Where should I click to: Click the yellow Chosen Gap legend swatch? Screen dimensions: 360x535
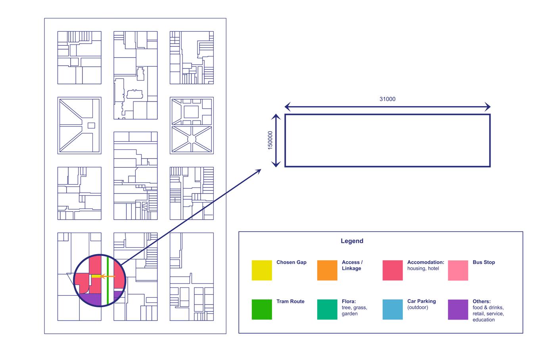(262, 270)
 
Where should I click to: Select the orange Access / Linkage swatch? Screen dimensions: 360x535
(327, 270)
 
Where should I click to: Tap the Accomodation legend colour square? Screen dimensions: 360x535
(393, 270)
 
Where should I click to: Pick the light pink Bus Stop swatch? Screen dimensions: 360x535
(458, 270)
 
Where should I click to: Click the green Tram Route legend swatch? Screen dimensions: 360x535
(262, 309)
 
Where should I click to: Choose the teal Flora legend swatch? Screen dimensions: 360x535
(327, 309)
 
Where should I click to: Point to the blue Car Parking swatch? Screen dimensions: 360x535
(393, 309)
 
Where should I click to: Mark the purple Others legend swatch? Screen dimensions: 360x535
(458, 309)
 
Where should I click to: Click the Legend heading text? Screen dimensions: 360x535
(352, 241)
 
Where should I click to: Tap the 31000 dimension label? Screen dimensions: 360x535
(387, 99)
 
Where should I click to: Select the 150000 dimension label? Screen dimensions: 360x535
(270, 140)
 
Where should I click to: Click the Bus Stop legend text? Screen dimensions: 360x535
(483, 262)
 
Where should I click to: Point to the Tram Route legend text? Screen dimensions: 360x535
(290, 301)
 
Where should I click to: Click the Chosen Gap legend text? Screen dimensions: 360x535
(291, 262)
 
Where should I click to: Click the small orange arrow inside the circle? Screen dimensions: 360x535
(106, 276)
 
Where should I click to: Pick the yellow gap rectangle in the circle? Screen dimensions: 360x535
(96, 276)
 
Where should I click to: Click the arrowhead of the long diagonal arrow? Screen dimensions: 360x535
(259, 170)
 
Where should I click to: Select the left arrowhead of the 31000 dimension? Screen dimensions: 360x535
(287, 107)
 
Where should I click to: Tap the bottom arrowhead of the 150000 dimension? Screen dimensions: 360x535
(276, 164)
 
